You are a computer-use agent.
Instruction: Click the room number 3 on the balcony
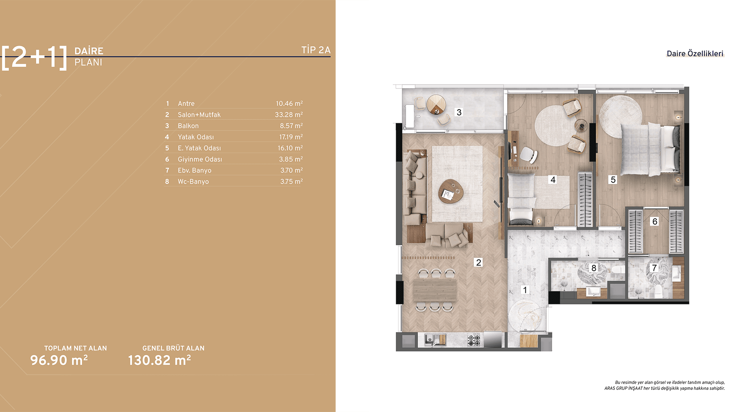click(x=459, y=112)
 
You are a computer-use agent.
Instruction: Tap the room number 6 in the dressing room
click(x=655, y=221)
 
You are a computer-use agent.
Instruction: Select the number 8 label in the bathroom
click(x=594, y=268)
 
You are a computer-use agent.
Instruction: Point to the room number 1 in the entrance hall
click(x=525, y=290)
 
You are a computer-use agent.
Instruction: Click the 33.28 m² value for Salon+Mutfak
click(x=289, y=114)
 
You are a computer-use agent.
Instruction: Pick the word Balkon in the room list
click(x=188, y=126)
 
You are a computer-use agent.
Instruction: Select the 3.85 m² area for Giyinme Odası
click(x=291, y=159)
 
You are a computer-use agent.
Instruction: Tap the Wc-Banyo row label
click(x=193, y=182)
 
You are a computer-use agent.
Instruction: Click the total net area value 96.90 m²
click(x=59, y=360)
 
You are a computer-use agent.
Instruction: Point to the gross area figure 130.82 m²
click(x=159, y=360)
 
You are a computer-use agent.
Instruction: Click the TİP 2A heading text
click(x=316, y=50)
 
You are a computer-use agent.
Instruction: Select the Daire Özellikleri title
click(x=695, y=53)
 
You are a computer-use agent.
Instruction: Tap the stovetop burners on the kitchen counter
click(x=474, y=340)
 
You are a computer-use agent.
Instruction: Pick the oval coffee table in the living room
click(x=451, y=191)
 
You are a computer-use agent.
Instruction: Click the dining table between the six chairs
click(x=435, y=290)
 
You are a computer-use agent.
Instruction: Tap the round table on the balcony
click(x=436, y=104)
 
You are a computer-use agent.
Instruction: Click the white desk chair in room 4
click(x=528, y=154)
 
